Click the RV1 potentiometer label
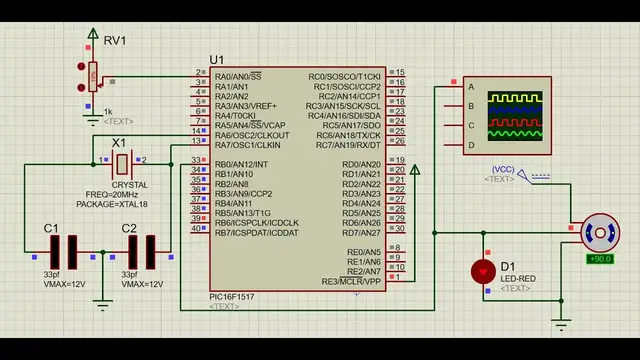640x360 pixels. (x=116, y=41)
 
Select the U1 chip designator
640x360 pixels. (x=217, y=60)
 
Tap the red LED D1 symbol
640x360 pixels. (x=483, y=270)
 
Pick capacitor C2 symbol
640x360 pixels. (x=142, y=250)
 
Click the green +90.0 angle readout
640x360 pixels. (x=600, y=259)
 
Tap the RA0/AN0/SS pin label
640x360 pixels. (x=238, y=75)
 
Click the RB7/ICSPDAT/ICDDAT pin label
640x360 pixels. (x=256, y=233)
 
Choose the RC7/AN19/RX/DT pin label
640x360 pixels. (x=348, y=145)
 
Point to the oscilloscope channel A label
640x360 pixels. (x=471, y=86)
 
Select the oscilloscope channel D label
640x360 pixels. (x=471, y=146)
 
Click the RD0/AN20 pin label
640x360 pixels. (x=361, y=164)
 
